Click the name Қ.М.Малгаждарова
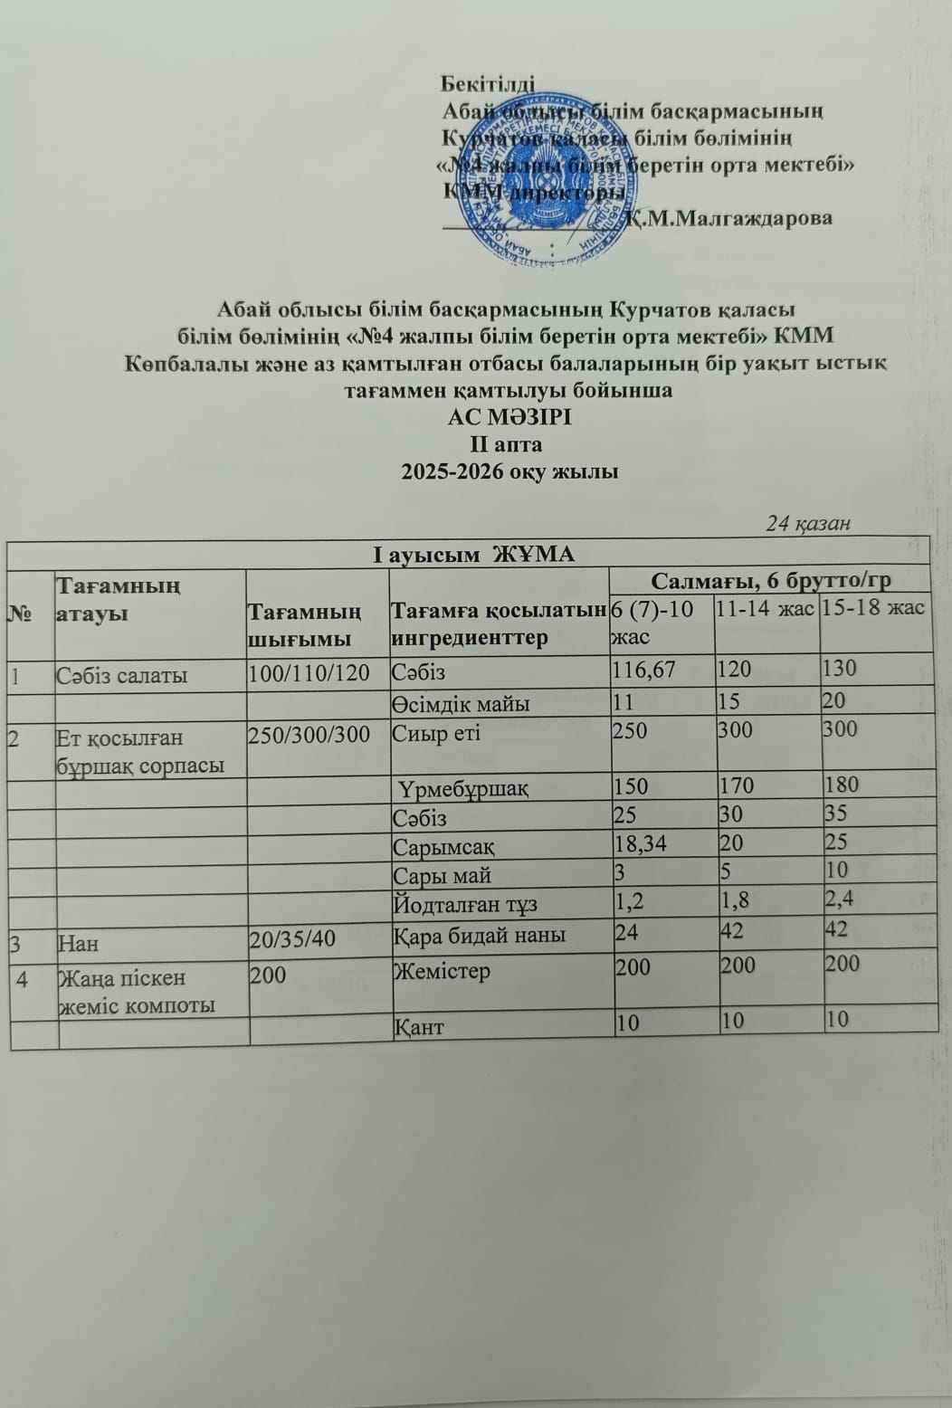(x=731, y=218)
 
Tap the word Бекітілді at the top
(x=488, y=84)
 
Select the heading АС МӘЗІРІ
(x=509, y=418)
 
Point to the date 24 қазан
(x=808, y=524)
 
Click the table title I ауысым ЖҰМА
(x=474, y=554)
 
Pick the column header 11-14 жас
(x=766, y=608)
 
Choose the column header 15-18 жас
(x=873, y=607)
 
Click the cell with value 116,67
(x=645, y=670)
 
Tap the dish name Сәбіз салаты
(x=122, y=675)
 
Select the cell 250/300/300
(x=309, y=735)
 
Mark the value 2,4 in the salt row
(x=839, y=899)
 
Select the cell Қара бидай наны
(x=480, y=935)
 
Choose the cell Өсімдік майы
(x=461, y=704)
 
